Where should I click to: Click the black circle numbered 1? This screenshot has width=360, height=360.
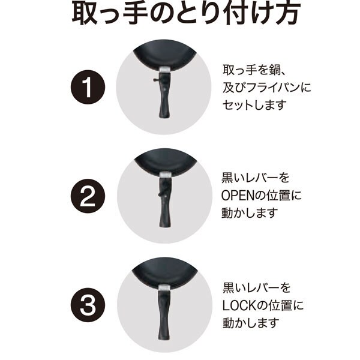pyautogui.click(x=88, y=87)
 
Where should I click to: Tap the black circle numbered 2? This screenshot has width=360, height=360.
pyautogui.click(x=88, y=196)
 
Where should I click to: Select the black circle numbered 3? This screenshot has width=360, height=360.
pyautogui.click(x=88, y=305)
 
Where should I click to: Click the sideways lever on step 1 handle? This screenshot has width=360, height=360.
pyautogui.click(x=156, y=80)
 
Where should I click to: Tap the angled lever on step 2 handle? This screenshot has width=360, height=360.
pyautogui.click(x=161, y=191)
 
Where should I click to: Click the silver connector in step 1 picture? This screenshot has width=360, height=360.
pyautogui.click(x=165, y=69)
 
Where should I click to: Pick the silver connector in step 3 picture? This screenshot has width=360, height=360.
pyautogui.click(x=163, y=287)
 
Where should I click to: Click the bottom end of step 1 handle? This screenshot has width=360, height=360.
pyautogui.click(x=164, y=118)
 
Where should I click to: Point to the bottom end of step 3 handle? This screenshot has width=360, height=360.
pyautogui.click(x=163, y=338)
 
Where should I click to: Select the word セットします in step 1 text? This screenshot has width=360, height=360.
pyautogui.click(x=254, y=105)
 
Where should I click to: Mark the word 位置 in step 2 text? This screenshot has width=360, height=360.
pyautogui.click(x=278, y=196)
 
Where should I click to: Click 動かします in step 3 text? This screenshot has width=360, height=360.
pyautogui.click(x=251, y=323)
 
